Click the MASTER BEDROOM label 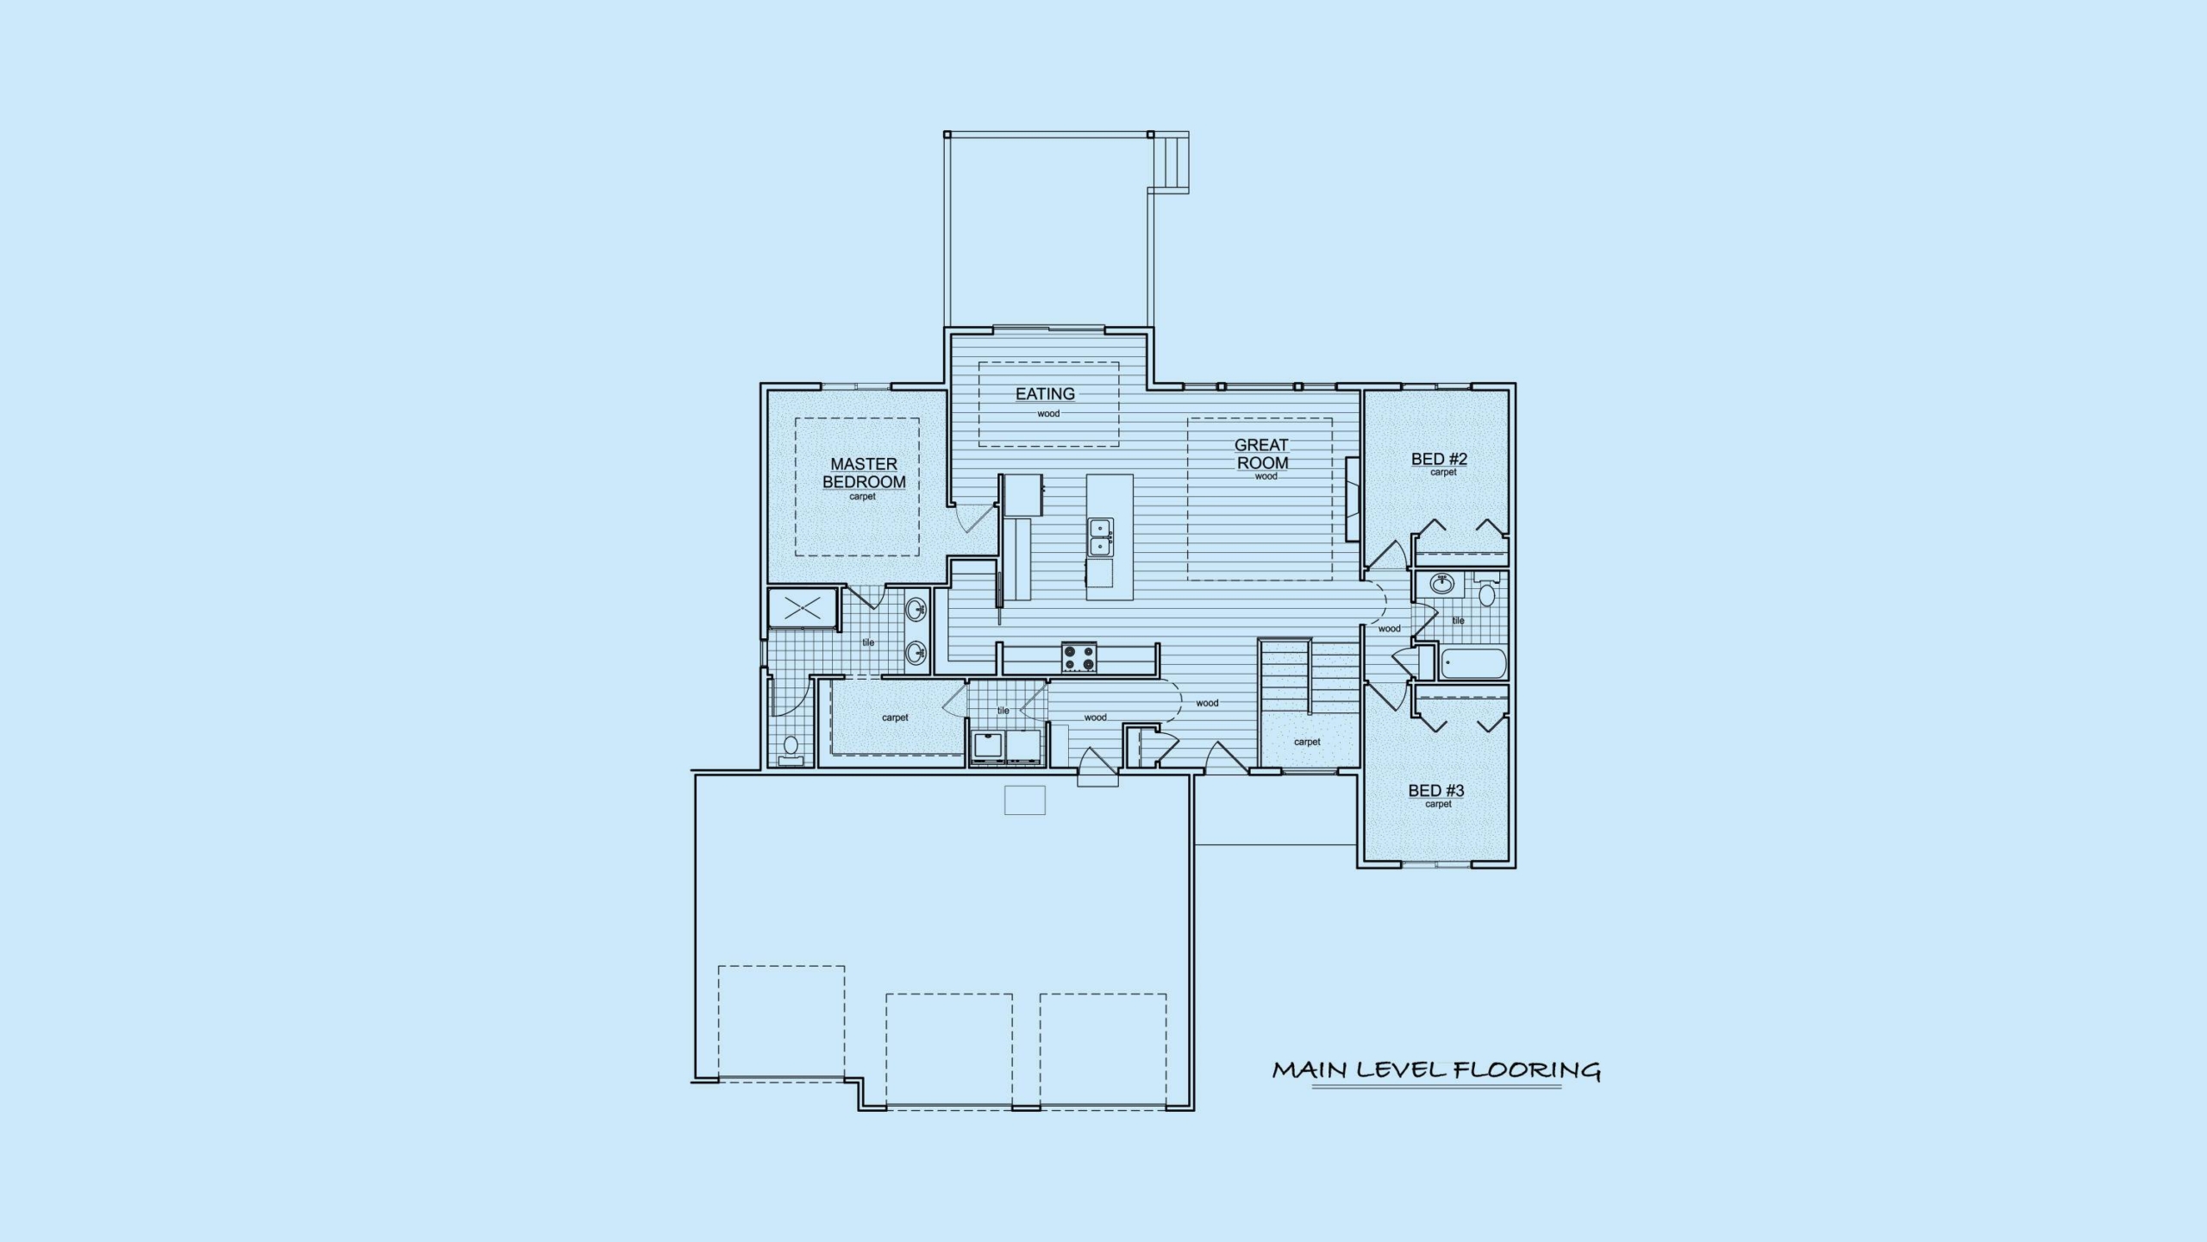(864, 474)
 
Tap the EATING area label (1045, 394)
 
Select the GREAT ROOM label (1262, 454)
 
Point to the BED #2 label (1439, 459)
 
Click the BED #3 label (1436, 790)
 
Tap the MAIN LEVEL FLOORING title (1436, 1070)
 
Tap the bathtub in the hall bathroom (1472, 664)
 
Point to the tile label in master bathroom (868, 643)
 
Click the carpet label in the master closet (895, 718)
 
